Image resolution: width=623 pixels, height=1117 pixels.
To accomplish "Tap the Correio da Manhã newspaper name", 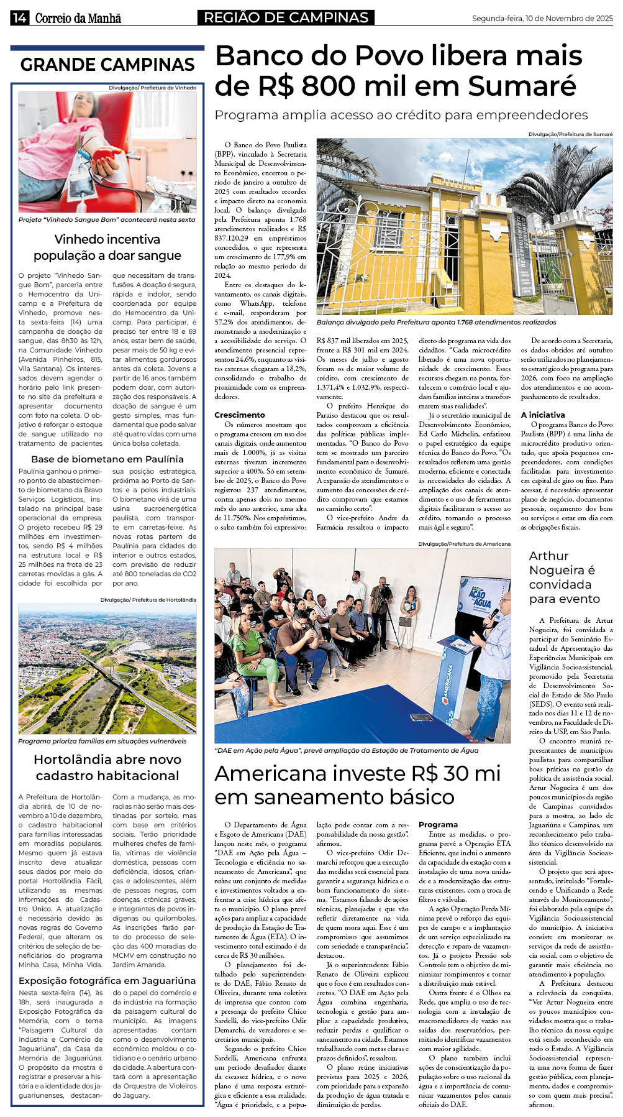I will (x=78, y=19).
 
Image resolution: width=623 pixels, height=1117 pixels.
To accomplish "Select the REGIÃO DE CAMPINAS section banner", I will (x=286, y=18).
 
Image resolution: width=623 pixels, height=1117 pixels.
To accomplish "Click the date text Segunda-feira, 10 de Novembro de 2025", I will (x=542, y=19).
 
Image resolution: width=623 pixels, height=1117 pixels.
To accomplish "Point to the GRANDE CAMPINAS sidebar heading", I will (x=107, y=65).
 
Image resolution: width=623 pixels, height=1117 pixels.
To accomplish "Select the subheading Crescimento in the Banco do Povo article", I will (x=240, y=415).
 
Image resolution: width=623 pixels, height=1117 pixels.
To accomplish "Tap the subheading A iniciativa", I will (x=543, y=415).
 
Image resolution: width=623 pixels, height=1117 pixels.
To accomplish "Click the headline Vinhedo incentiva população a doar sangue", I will (x=107, y=247).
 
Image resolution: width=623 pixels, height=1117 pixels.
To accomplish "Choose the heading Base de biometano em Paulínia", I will (x=107, y=459).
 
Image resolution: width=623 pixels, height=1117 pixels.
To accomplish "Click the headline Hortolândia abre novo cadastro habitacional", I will (x=107, y=768).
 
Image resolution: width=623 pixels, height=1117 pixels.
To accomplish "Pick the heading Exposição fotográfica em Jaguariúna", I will (x=107, y=980).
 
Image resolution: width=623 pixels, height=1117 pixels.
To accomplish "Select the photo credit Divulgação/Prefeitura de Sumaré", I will (x=570, y=134).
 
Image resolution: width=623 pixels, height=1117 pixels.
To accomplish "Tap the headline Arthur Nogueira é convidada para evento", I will (x=564, y=577).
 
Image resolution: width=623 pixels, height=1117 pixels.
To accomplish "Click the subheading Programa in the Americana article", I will (x=438, y=824).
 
